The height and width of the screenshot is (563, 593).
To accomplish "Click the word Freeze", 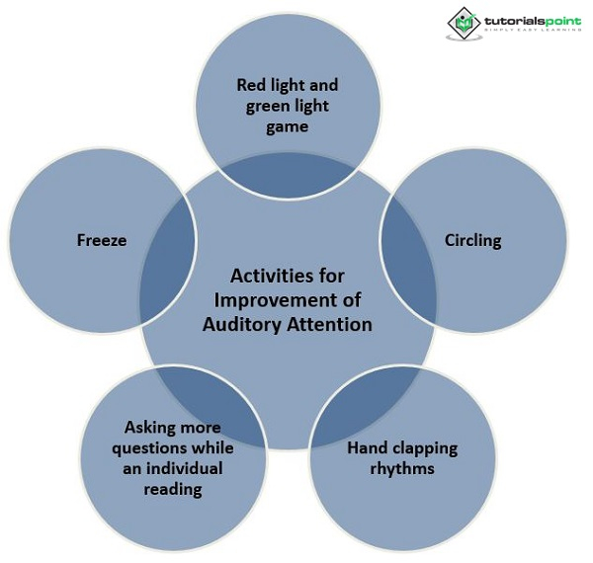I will (x=102, y=240).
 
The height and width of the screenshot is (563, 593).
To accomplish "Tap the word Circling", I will (x=472, y=240).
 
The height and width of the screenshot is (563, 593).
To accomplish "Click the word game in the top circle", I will (x=288, y=126).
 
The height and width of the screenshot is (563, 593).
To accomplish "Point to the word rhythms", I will (x=402, y=468).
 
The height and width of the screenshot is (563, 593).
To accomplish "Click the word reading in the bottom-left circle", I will (x=174, y=489).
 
